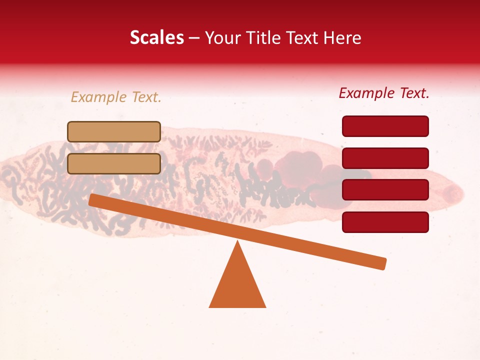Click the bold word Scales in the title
(156, 37)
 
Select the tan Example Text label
(116, 97)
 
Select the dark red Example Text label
(384, 93)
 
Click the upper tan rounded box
(114, 131)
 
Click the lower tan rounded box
(114, 163)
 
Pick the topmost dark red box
(385, 126)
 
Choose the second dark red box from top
(385, 158)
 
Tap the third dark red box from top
(385, 190)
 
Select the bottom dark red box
(385, 222)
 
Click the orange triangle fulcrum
(237, 285)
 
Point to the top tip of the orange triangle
(237, 242)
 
